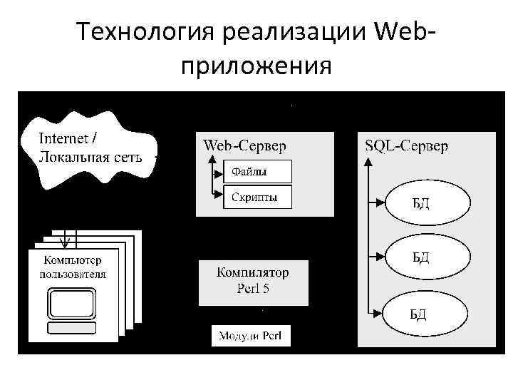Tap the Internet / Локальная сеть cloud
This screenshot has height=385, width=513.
[x=89, y=148]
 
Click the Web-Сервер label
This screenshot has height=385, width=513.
[x=245, y=146]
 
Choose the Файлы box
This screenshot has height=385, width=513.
[x=257, y=171]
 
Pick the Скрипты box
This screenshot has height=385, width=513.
[x=257, y=196]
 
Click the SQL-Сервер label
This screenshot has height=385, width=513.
[x=406, y=146]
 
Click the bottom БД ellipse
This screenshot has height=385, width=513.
[x=428, y=312]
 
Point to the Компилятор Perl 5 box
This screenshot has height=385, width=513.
[x=253, y=280]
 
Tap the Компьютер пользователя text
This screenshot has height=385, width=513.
[x=73, y=267]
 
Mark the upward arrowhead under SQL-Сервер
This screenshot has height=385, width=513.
[x=368, y=162]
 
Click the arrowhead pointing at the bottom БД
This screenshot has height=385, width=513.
[x=381, y=312]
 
